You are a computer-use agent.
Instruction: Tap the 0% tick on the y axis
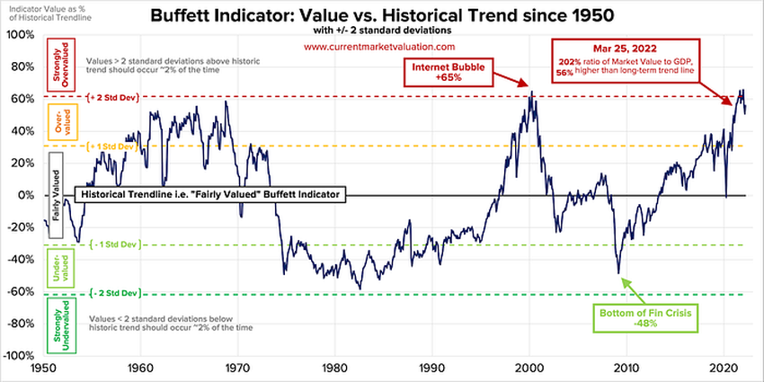click(x=25, y=195)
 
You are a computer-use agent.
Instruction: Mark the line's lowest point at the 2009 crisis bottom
click(x=618, y=272)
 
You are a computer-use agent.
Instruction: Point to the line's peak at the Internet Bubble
click(x=532, y=91)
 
